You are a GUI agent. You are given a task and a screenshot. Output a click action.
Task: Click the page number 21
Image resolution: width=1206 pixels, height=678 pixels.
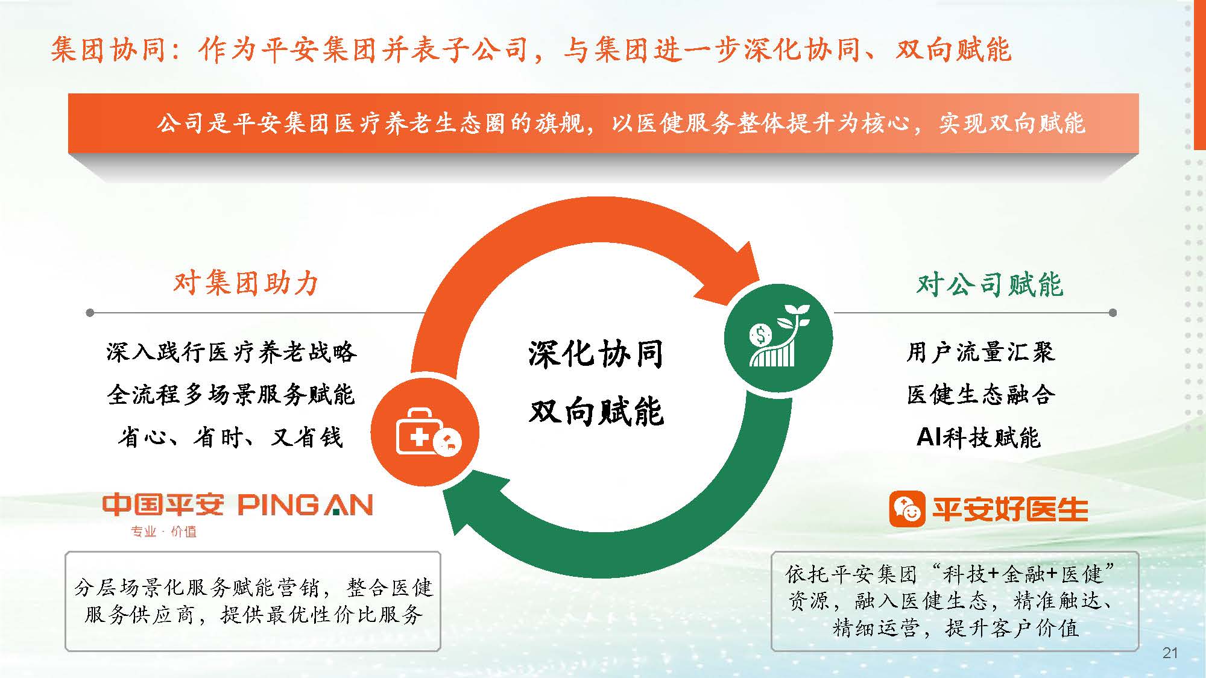[1170, 653]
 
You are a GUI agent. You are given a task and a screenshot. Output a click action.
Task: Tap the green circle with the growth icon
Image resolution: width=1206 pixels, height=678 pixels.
[778, 338]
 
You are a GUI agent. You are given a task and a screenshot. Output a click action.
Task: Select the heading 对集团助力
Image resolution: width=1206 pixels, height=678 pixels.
[246, 283]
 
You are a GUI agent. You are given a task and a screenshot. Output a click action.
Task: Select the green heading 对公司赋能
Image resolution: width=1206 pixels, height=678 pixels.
[990, 284]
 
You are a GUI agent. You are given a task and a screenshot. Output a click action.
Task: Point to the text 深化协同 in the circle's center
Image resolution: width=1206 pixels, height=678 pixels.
[596, 353]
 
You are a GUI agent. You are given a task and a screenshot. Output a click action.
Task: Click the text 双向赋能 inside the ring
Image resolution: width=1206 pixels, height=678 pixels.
[596, 412]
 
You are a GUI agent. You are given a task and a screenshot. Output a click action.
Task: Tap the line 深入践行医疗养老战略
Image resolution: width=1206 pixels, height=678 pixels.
[232, 352]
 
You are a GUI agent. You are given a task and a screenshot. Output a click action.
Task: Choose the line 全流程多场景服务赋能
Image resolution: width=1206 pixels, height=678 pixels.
[232, 394]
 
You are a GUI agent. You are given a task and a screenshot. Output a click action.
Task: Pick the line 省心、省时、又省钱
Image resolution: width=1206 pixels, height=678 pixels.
[231, 437]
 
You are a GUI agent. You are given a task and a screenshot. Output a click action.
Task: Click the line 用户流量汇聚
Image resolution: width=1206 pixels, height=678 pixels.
[981, 352]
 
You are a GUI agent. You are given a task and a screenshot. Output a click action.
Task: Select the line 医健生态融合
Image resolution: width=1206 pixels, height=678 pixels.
[981, 394]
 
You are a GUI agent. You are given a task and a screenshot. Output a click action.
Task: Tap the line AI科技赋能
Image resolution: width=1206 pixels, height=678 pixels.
[979, 437]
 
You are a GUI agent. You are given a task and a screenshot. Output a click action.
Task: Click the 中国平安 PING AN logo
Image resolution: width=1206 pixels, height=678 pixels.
[238, 505]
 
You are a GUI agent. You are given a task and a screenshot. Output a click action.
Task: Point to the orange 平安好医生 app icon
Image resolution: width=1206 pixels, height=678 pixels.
[907, 509]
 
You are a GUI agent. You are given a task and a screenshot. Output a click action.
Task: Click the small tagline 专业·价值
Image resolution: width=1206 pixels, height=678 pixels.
[164, 532]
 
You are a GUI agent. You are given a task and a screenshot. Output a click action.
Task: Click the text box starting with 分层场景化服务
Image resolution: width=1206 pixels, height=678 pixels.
[253, 601]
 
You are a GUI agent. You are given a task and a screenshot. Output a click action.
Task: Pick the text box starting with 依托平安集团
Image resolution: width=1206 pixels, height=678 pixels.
[955, 601]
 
